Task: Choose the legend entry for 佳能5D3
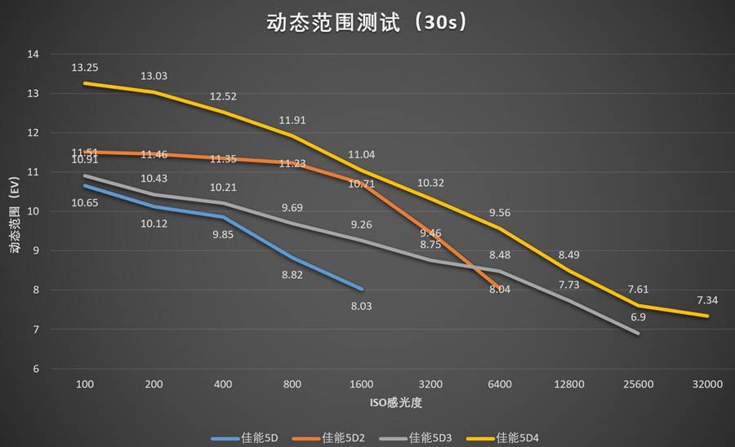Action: click(430, 438)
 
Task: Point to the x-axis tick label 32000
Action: click(707, 384)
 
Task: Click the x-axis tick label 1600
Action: click(361, 384)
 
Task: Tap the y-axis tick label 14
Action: click(33, 55)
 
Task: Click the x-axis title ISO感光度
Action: click(394, 403)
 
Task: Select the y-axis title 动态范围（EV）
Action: click(14, 211)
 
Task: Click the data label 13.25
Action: click(85, 68)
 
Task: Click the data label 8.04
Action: click(499, 289)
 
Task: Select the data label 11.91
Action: click(292, 121)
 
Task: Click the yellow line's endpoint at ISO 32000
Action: click(707, 316)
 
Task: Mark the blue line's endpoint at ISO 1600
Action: click(361, 289)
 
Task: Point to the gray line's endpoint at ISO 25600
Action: click(638, 333)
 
